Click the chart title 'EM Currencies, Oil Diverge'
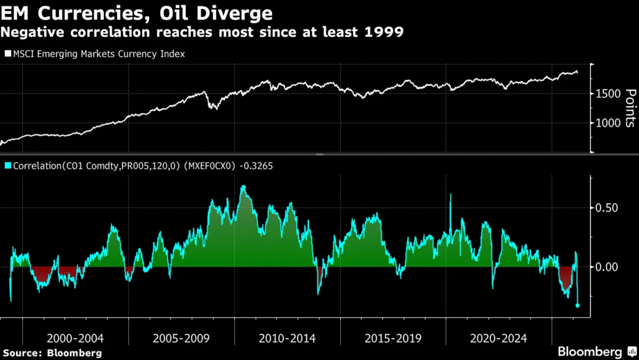click(137, 13)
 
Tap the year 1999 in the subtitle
click(384, 32)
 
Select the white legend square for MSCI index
click(8, 54)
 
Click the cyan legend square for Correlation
click(8, 166)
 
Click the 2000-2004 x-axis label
click(75, 338)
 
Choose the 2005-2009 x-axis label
click(181, 338)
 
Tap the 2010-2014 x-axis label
click(287, 338)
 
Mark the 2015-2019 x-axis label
click(393, 338)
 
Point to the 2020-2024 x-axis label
click(498, 338)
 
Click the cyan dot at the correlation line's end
click(577, 306)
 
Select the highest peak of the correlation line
click(243, 187)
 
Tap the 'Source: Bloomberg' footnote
click(52, 353)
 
